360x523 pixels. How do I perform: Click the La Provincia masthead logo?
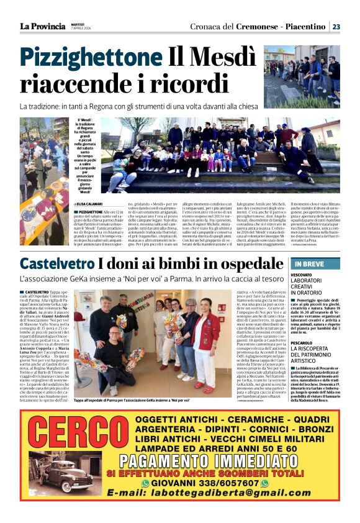tap(42, 26)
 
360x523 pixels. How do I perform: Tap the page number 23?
tap(336, 27)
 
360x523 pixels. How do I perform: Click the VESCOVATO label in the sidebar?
tap(301, 275)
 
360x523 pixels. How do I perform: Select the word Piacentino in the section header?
tap(305, 27)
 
